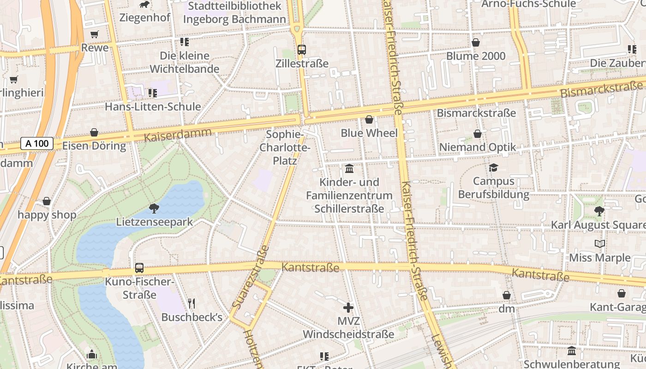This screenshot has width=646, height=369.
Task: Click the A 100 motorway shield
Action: [x=37, y=143]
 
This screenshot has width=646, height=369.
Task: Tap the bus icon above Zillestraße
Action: [x=302, y=49]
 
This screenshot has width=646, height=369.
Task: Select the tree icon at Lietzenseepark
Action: [x=154, y=208]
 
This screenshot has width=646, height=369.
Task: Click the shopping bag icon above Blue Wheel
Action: [x=369, y=120]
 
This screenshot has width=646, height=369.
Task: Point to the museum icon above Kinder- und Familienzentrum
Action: [x=349, y=168]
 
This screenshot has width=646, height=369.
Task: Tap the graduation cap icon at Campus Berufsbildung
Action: [x=494, y=167]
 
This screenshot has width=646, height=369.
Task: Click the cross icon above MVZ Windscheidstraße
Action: [x=348, y=307]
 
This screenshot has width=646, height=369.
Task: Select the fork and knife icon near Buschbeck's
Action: [x=191, y=303]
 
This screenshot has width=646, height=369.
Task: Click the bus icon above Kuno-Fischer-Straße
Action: [x=139, y=268]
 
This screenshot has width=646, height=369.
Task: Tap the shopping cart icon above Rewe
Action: [x=95, y=34]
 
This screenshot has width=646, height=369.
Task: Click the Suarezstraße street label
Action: [x=251, y=277]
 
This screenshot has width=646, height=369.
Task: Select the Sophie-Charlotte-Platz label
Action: [x=285, y=148]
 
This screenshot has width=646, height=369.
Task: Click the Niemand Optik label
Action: [x=477, y=147]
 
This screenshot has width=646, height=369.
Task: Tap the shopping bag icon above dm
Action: [x=507, y=295]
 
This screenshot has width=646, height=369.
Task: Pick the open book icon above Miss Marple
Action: [x=599, y=244]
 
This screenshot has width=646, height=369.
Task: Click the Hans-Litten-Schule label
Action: [x=153, y=107]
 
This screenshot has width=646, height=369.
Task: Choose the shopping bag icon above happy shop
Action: [x=47, y=202]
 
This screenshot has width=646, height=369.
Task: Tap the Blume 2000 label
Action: [x=476, y=56]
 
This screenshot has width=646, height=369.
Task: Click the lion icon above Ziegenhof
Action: [x=145, y=5]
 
